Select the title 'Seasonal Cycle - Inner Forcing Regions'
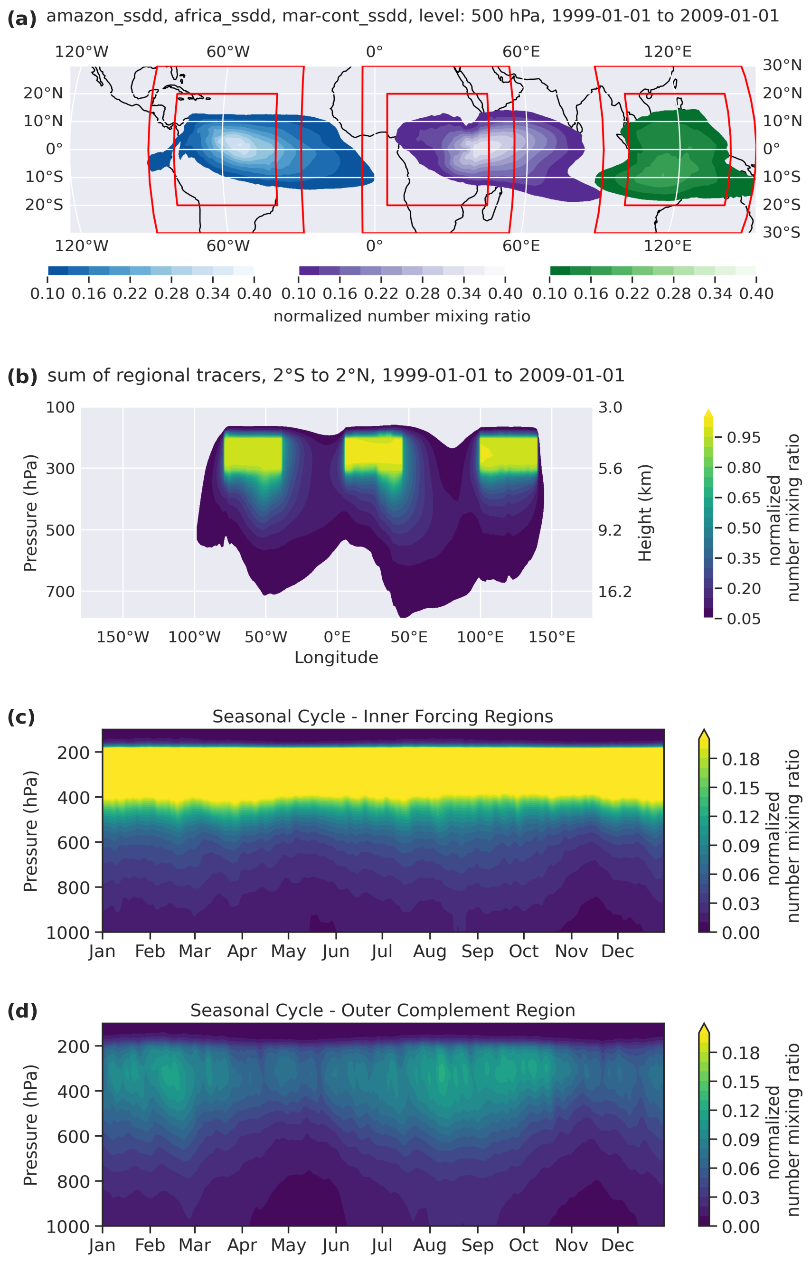point(383,716)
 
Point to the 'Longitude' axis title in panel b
point(337,658)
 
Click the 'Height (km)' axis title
point(645,513)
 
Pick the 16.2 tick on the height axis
point(614,592)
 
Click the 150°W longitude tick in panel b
point(123,637)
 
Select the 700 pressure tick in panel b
point(60,592)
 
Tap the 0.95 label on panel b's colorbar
point(744,437)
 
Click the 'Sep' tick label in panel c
point(478,952)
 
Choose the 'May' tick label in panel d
point(289,1245)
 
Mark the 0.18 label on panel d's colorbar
point(740,1053)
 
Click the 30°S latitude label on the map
point(782,232)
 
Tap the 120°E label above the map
point(668,52)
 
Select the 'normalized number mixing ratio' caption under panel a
point(402,316)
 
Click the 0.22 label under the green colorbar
point(632,293)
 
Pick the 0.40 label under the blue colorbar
point(255,293)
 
